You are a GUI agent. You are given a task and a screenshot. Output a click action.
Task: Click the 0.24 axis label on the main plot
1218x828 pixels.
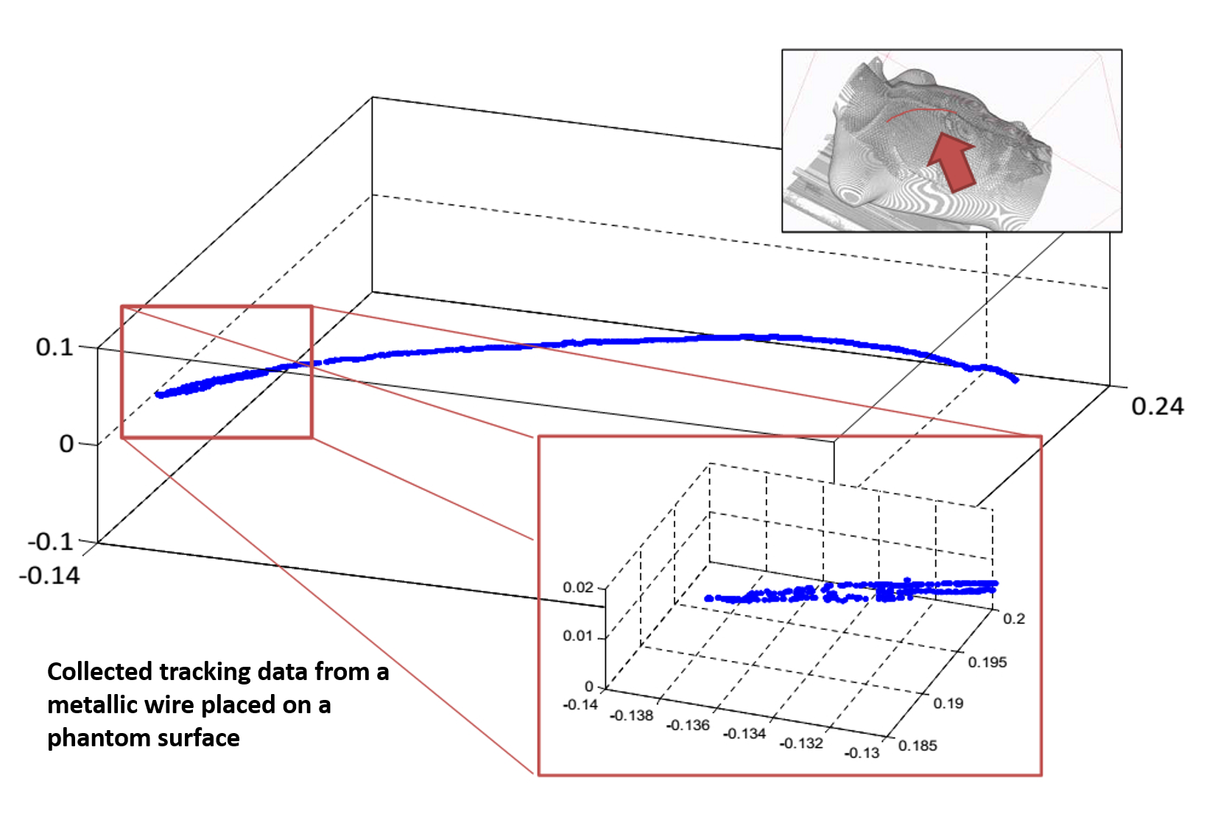click(x=1157, y=406)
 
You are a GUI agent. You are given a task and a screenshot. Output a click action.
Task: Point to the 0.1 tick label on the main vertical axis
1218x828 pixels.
click(x=54, y=347)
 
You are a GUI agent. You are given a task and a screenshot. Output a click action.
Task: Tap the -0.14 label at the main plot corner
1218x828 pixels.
click(x=49, y=576)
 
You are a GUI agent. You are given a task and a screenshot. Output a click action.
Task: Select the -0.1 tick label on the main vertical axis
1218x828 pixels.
click(x=50, y=542)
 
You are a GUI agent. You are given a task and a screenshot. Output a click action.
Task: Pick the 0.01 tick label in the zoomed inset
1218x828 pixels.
click(x=578, y=635)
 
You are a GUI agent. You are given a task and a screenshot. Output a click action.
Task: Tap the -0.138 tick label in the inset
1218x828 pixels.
click(x=631, y=715)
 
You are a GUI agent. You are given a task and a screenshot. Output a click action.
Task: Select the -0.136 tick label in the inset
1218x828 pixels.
click(x=688, y=725)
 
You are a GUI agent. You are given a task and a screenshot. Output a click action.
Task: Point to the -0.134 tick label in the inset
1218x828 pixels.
click(x=744, y=734)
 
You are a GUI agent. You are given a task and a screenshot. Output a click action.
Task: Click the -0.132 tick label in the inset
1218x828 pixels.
click(x=801, y=743)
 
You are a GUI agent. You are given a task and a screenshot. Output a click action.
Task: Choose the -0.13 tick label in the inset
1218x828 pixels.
click(x=862, y=752)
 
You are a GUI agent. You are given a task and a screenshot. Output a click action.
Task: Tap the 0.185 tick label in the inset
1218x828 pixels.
click(x=918, y=746)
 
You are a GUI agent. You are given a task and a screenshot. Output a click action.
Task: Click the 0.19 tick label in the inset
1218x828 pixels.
click(x=948, y=704)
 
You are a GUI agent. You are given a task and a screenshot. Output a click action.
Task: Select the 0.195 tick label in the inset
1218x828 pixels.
click(x=988, y=662)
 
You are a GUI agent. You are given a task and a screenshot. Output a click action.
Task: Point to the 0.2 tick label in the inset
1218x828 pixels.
click(x=1014, y=619)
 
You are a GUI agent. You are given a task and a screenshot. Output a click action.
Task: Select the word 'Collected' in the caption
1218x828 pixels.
click(x=99, y=671)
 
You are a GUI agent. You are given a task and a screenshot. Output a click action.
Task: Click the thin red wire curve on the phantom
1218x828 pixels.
click(x=922, y=111)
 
